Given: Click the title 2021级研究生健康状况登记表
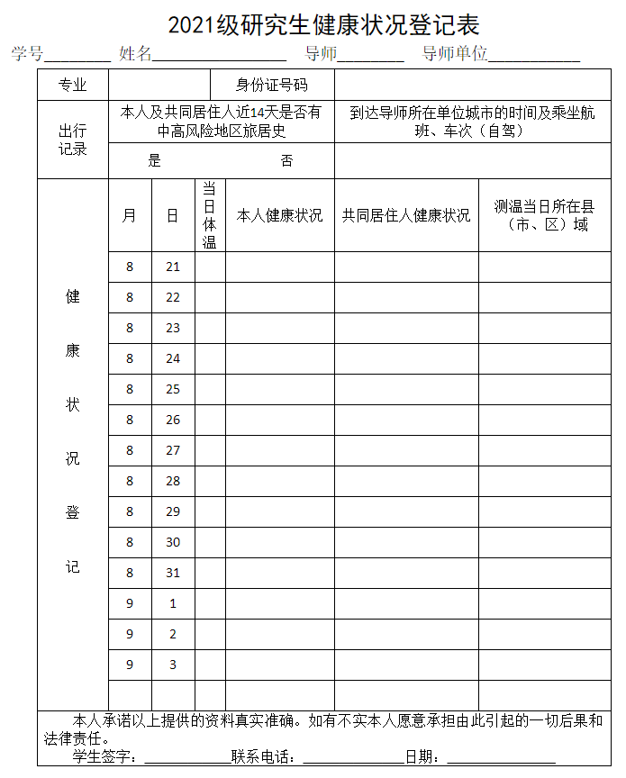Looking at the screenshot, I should point(323,23).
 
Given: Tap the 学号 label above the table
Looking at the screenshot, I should point(27,53).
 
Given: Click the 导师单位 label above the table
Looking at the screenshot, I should point(455,53).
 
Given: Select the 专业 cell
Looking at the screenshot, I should point(73,85).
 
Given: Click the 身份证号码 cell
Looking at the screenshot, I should point(272,85).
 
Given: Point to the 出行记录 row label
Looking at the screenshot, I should point(73,140).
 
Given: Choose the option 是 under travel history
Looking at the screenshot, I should point(154,161).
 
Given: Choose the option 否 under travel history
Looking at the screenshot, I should point(286,161).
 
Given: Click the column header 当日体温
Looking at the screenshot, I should point(209,215).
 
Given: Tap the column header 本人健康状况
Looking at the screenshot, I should point(279,215).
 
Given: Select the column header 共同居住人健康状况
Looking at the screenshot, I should point(406,215).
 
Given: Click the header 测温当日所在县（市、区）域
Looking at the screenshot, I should point(544,215).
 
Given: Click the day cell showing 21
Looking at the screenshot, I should point(173,267).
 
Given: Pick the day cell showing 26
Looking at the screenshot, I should point(173,420).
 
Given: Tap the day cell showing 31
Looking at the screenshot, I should point(173,573).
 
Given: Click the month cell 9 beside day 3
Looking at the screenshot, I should point(130,665).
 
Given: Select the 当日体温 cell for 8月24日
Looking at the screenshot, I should point(210,358).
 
